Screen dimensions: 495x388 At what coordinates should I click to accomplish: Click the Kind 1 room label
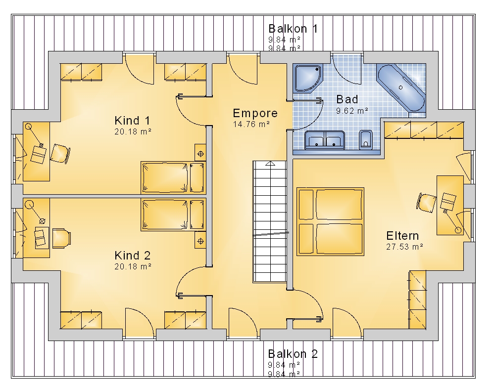click(x=132, y=121)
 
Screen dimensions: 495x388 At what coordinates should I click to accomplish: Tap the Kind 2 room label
click(x=132, y=256)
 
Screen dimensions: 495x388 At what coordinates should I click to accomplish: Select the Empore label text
click(x=255, y=113)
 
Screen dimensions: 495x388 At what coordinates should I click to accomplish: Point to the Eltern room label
click(x=402, y=236)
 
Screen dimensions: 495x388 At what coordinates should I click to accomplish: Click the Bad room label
click(x=347, y=99)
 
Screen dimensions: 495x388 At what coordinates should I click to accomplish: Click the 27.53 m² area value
click(x=404, y=247)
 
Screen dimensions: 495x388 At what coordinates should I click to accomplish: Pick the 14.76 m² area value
click(x=251, y=124)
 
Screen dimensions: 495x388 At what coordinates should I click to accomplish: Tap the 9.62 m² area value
click(x=352, y=111)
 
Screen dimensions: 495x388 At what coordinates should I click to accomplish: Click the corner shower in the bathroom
click(x=307, y=78)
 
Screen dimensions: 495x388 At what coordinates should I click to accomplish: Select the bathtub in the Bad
click(x=401, y=87)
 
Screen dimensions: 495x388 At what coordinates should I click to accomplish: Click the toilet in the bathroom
click(x=366, y=140)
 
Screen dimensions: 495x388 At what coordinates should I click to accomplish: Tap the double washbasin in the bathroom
click(x=325, y=140)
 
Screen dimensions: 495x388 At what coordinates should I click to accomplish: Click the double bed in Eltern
click(x=330, y=221)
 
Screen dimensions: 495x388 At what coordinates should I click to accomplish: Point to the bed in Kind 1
click(x=173, y=177)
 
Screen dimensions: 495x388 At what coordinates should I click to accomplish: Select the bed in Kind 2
click(x=173, y=215)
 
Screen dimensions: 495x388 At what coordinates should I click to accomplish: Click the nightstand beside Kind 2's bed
click(x=200, y=241)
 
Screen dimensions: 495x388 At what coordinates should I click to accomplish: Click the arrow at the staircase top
click(x=270, y=163)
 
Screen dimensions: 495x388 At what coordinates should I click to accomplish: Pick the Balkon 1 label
click(x=293, y=29)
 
